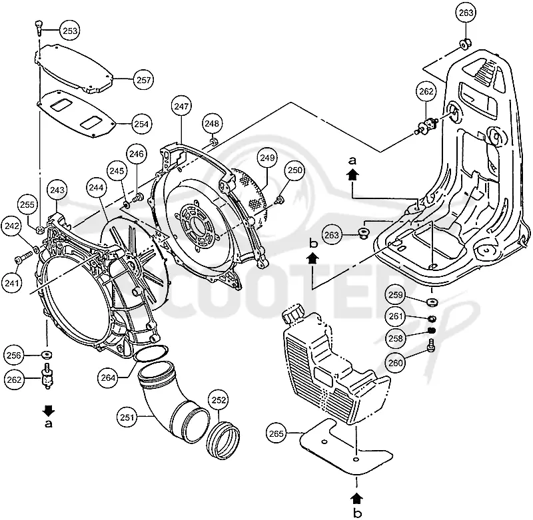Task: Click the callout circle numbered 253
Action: click(x=70, y=31)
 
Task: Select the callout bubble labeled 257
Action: click(x=143, y=80)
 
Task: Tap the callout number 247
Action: click(x=181, y=107)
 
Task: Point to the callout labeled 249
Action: click(x=268, y=158)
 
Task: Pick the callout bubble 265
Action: click(x=276, y=433)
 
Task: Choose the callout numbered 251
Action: click(x=127, y=417)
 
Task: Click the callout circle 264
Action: click(x=108, y=378)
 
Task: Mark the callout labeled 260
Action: click(x=395, y=363)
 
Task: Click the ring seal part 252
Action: click(x=223, y=440)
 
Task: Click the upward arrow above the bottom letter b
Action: click(x=356, y=499)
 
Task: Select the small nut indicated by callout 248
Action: click(x=213, y=140)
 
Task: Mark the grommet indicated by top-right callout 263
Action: click(x=465, y=43)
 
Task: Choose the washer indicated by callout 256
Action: click(x=47, y=355)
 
